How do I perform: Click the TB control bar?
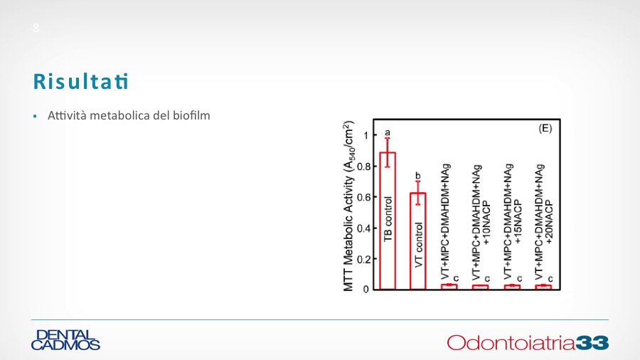point(388,221)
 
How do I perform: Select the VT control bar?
point(417,241)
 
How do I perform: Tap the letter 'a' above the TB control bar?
point(388,132)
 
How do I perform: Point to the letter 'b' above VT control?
point(417,176)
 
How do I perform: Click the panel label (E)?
point(545,129)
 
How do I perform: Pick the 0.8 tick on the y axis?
point(364,166)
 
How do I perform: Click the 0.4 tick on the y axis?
point(364,228)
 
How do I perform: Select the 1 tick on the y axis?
point(366,135)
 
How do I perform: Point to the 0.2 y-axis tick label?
point(364,259)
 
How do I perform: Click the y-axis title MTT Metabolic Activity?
point(348,206)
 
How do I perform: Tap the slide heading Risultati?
point(81,81)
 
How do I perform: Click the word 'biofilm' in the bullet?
point(191,115)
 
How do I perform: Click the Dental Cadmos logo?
point(65,340)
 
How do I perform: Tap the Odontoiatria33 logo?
point(528,342)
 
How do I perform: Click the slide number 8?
point(36,28)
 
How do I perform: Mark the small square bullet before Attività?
point(35,117)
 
